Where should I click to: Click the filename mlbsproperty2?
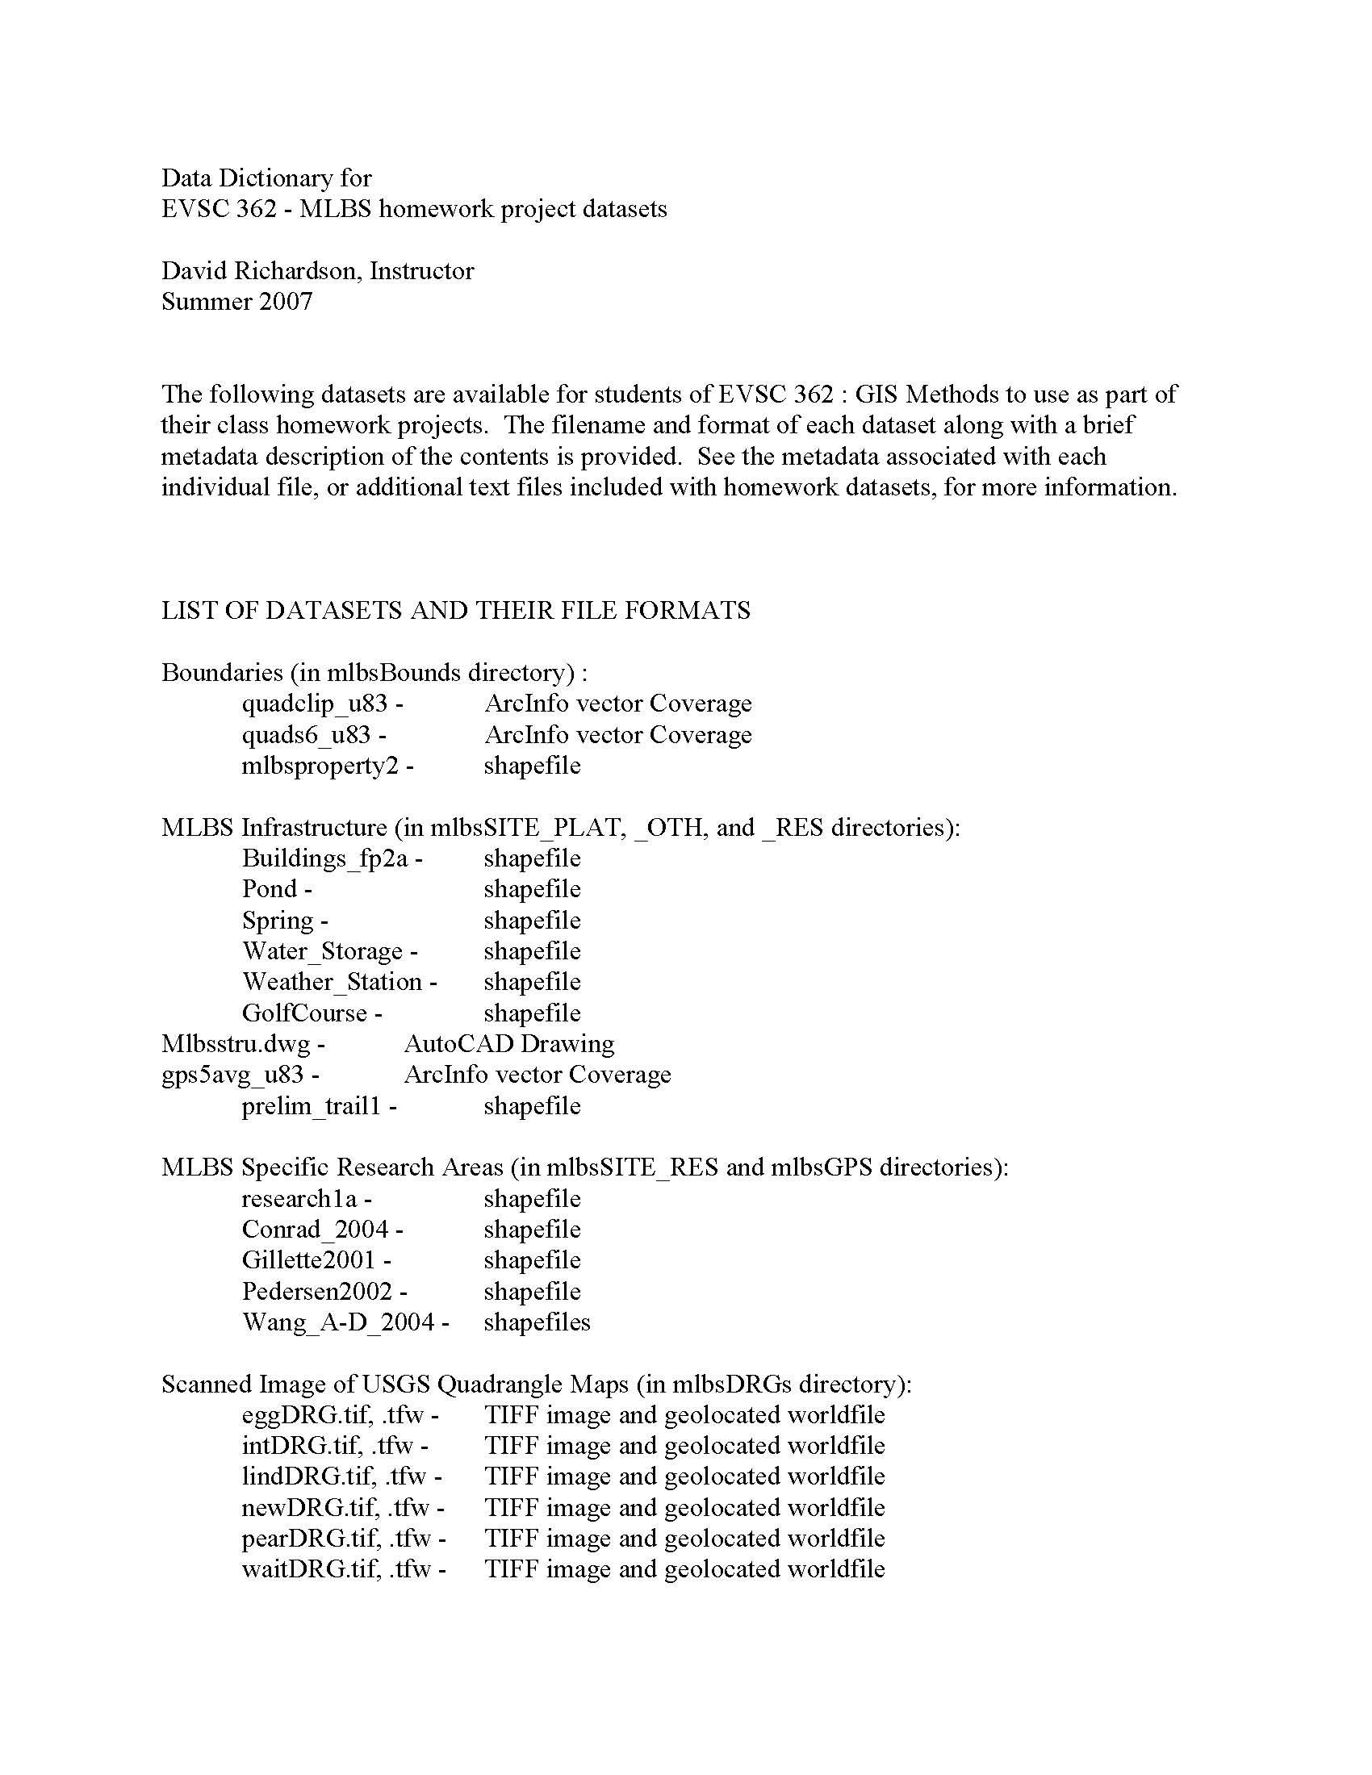[320, 766]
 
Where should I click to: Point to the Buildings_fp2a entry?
[325, 858]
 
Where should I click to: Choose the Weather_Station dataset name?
[332, 982]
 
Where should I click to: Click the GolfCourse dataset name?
[304, 1013]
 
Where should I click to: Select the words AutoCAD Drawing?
[508, 1043]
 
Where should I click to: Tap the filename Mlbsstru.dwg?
[236, 1044]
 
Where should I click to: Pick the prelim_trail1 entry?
[312, 1106]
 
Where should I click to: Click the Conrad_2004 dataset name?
[316, 1230]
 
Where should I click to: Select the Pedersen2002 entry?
[317, 1292]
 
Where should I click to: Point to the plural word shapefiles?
[537, 1322]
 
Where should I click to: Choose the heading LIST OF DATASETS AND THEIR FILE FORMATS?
[455, 611]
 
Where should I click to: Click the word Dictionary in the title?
[265, 178]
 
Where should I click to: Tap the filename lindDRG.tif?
[310, 1476]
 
